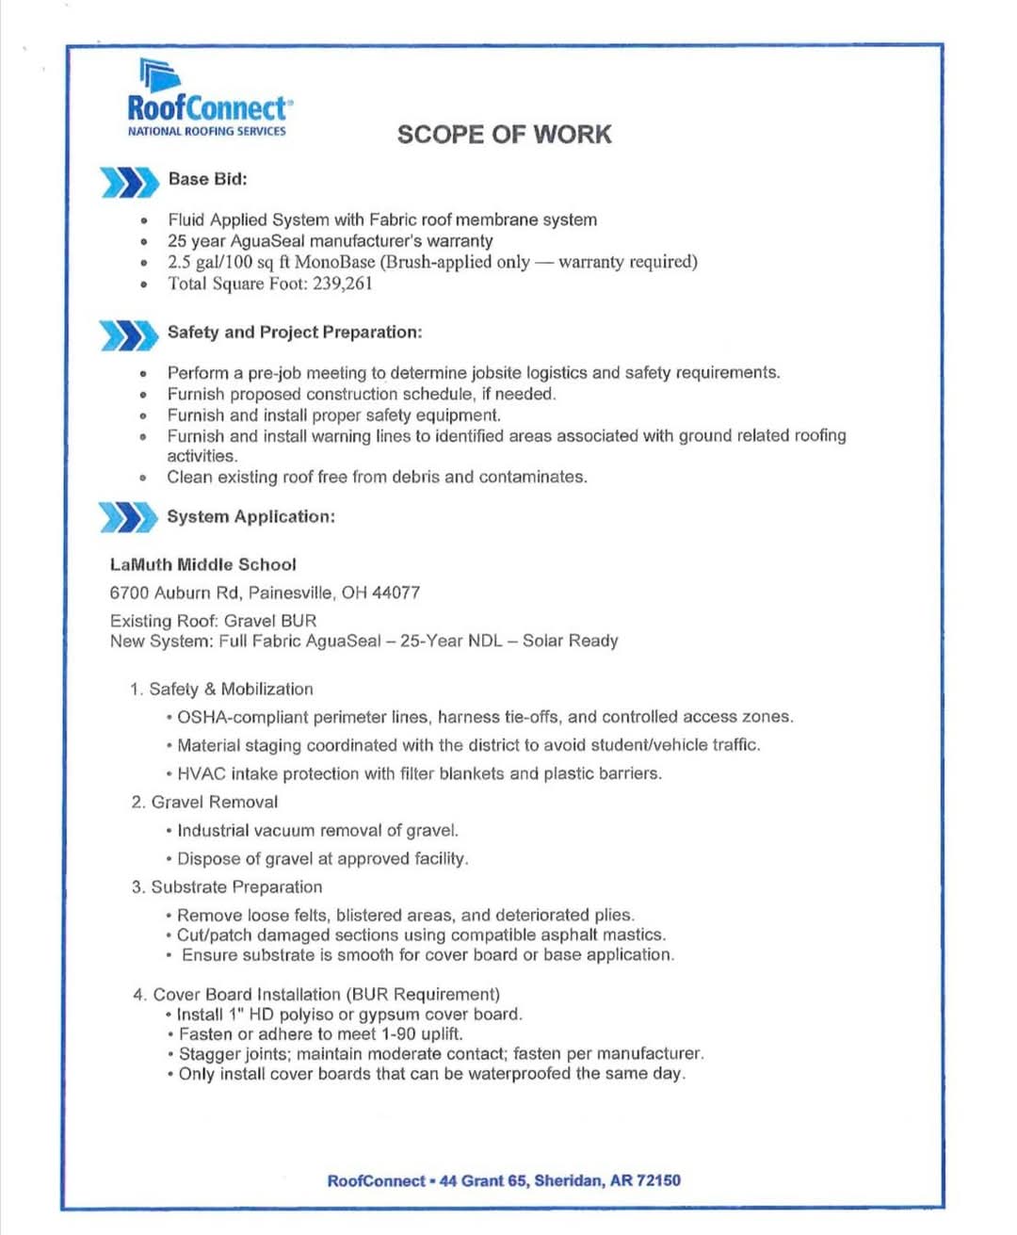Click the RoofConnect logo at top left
208,100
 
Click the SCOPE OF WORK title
504,135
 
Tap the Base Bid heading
207,179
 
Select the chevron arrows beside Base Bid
129,182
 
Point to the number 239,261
343,284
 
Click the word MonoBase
334,262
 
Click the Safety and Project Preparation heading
295,333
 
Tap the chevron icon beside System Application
128,518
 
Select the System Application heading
250,517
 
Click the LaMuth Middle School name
203,565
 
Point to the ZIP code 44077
395,593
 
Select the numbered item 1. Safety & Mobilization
222,690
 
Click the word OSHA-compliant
242,717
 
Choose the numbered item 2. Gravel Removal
205,803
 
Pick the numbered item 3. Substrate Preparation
227,887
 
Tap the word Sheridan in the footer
569,1181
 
